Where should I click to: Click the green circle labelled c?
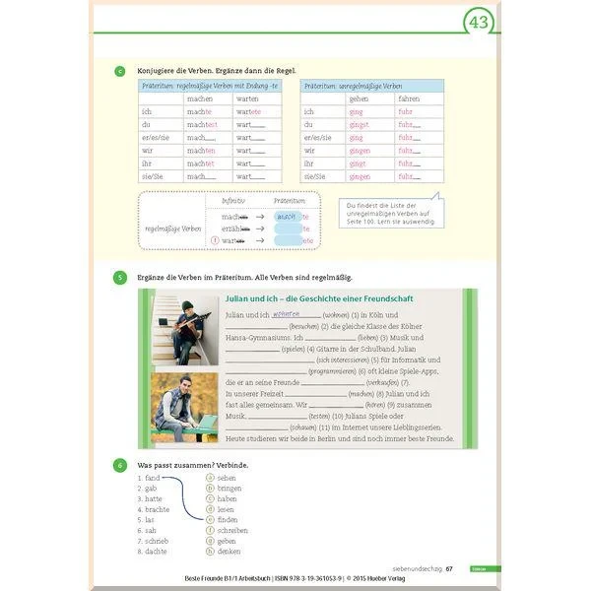(x=119, y=70)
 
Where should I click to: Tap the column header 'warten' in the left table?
(x=247, y=98)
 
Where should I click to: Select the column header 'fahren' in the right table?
(x=408, y=98)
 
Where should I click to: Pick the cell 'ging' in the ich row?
(x=357, y=111)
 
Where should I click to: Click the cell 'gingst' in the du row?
(x=359, y=124)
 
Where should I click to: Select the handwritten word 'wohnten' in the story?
(x=286, y=313)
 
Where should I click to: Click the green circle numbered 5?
(x=119, y=278)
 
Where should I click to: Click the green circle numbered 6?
(x=119, y=464)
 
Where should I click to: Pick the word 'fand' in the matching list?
(x=152, y=478)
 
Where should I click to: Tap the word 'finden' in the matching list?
(x=227, y=519)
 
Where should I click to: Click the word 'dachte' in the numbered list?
(x=156, y=552)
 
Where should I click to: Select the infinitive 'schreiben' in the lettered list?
(x=233, y=530)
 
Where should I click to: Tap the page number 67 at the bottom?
(x=449, y=568)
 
